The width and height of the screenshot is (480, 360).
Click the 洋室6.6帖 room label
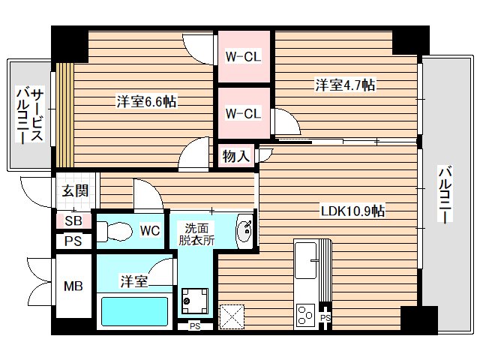tap(146, 101)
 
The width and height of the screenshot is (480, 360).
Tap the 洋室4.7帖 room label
tap(344, 85)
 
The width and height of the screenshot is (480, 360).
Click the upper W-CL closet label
tap(243, 55)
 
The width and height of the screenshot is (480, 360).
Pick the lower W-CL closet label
tap(243, 113)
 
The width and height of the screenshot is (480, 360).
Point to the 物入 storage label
tap(235, 156)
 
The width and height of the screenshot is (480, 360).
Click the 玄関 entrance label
tap(75, 190)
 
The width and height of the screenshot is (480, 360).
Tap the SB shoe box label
tap(73, 221)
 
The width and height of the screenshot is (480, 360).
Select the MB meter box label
tap(72, 286)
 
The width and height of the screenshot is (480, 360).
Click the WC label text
tap(150, 231)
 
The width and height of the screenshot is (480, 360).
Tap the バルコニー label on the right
tap(444, 196)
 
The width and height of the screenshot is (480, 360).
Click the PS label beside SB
tap(73, 241)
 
